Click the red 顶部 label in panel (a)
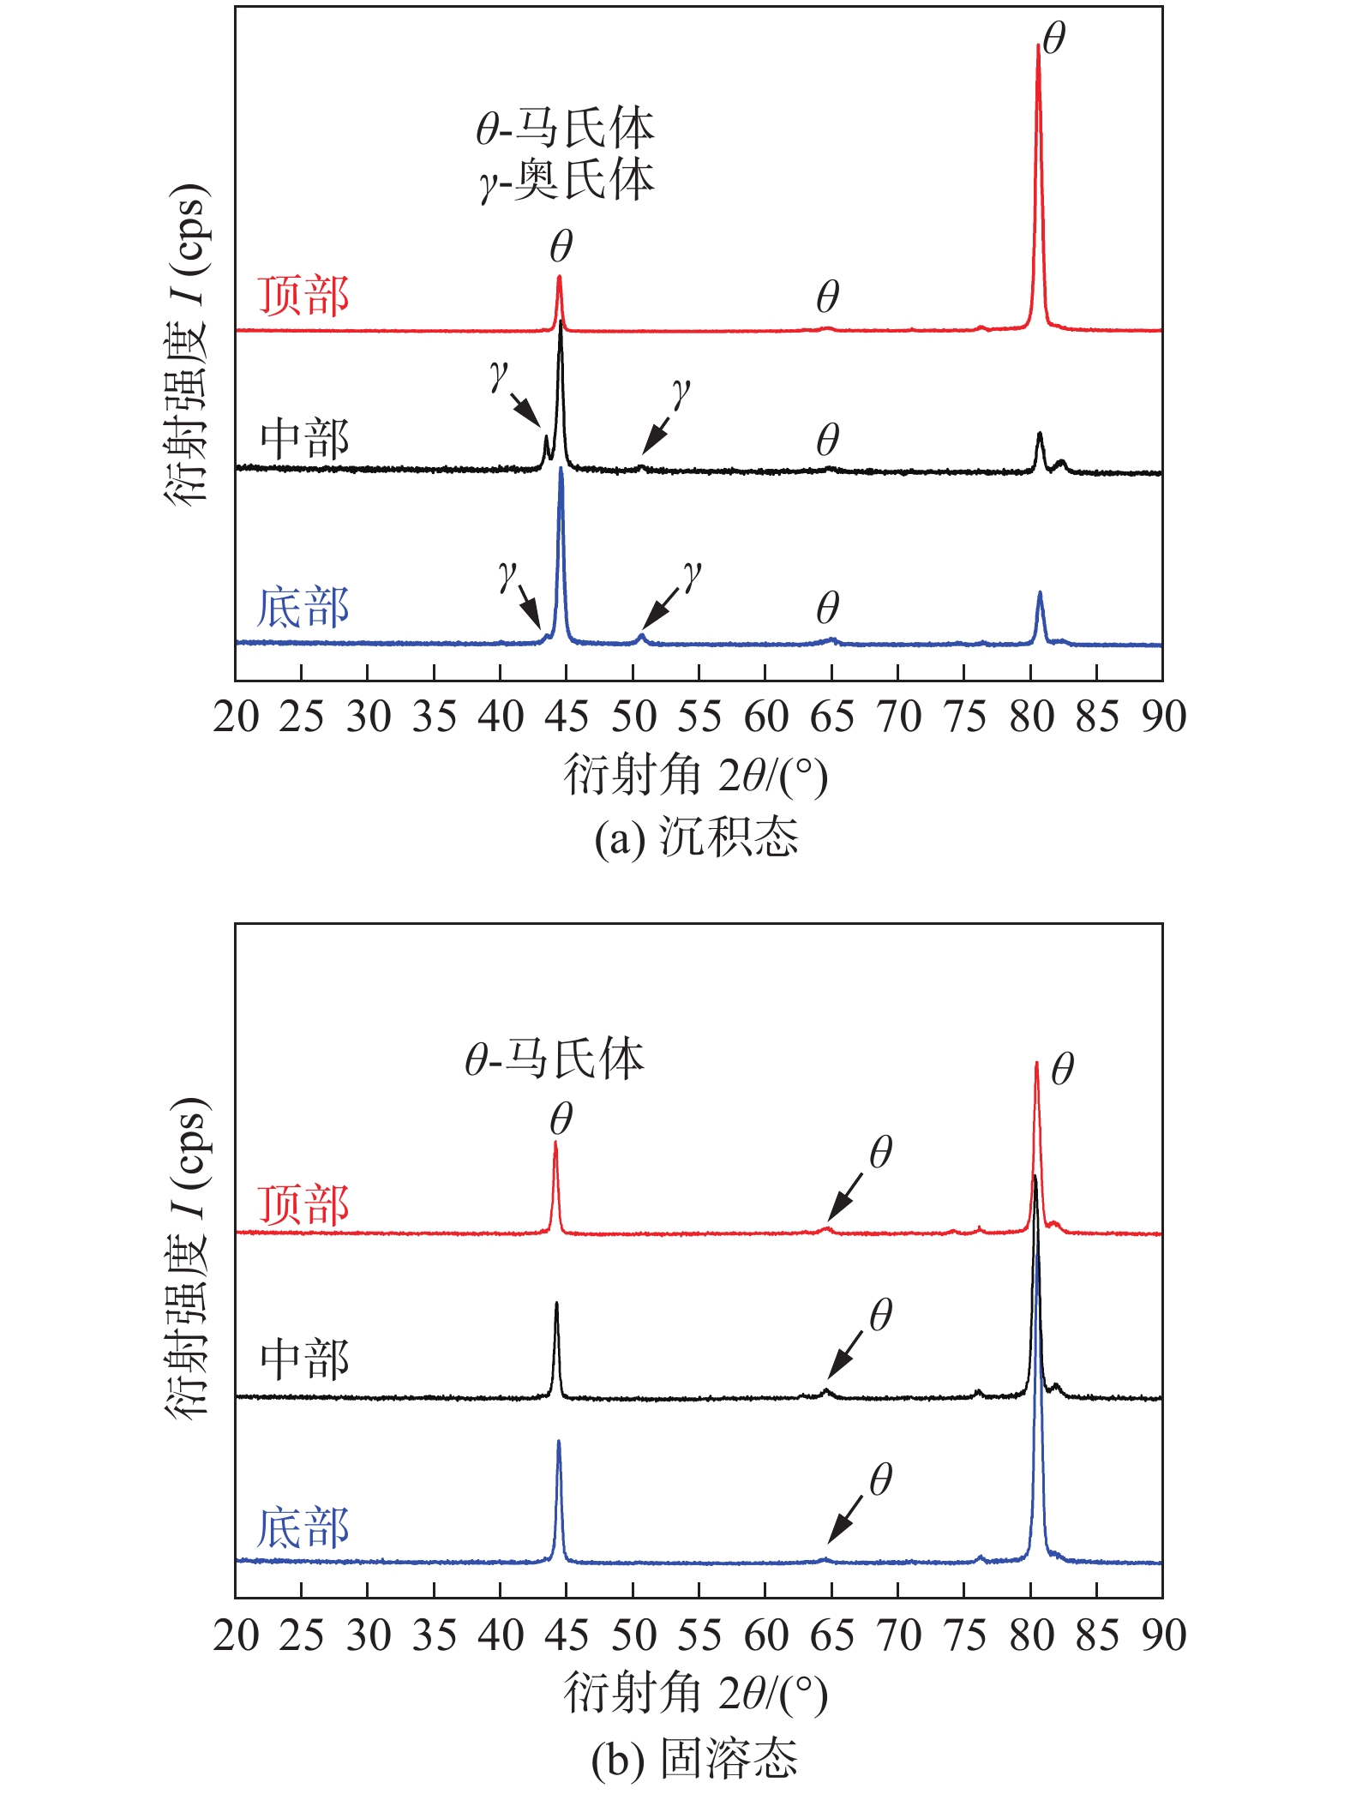click(303, 297)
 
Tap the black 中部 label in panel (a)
click(304, 439)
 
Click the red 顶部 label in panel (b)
click(303, 1205)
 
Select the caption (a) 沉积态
click(696, 837)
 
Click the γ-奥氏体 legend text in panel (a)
click(567, 181)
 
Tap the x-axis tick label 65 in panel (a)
click(831, 717)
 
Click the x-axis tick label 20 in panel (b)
click(236, 1635)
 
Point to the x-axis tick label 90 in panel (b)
click(1162, 1635)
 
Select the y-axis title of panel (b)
click(187, 1257)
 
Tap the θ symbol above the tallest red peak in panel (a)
click(1054, 39)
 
